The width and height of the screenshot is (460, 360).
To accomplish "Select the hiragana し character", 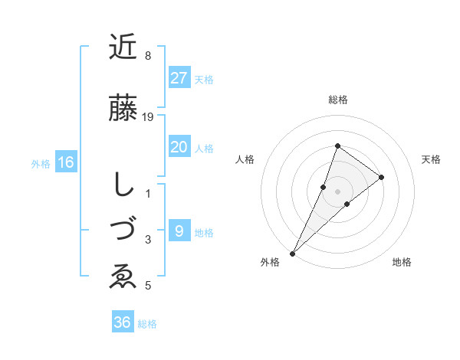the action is click(x=123, y=184).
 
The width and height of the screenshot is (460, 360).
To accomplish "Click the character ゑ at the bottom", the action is click(x=123, y=277).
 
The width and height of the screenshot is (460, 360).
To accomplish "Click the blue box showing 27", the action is click(x=179, y=78).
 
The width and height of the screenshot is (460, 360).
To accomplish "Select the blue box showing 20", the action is click(x=179, y=147).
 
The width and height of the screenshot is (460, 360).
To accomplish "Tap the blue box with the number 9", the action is click(x=179, y=231).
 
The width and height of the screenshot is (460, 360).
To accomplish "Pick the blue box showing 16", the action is click(x=66, y=162).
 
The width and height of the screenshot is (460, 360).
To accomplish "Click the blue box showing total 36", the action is click(x=123, y=322).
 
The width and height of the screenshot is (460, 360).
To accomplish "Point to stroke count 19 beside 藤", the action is click(x=149, y=116).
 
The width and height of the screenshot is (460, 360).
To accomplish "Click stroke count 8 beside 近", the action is click(x=148, y=56).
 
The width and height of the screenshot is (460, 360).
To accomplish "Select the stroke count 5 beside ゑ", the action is click(x=148, y=286).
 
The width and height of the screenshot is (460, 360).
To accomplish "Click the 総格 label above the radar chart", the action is click(x=337, y=100).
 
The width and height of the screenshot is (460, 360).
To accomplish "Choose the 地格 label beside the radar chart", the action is click(x=402, y=262).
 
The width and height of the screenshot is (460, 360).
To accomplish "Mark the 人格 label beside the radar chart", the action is click(x=245, y=159).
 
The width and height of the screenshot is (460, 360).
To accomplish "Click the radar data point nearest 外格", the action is click(x=292, y=253).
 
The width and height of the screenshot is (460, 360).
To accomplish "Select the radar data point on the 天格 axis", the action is click(x=381, y=177).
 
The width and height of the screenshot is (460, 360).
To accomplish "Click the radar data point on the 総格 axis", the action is click(x=337, y=146).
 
